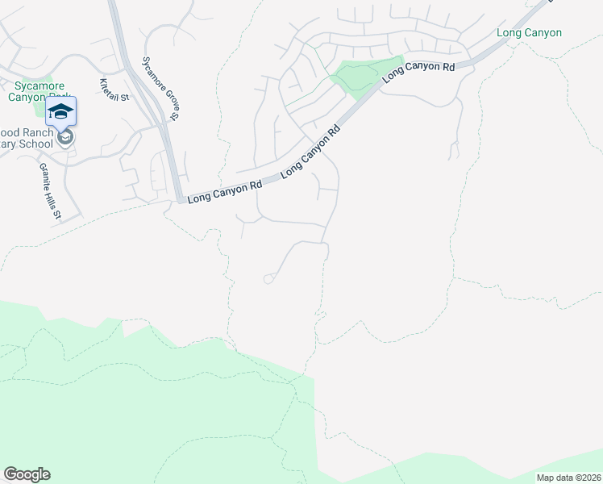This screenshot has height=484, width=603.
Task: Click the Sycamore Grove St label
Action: [160, 89]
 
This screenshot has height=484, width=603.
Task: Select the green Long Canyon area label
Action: [529, 33]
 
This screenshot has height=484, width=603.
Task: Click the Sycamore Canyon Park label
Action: [40, 90]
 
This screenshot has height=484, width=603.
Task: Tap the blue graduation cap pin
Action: [61, 112]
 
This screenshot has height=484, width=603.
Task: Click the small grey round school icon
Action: [66, 137]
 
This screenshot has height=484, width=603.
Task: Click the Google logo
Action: [27, 474]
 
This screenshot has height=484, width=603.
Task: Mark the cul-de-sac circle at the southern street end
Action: [268, 279]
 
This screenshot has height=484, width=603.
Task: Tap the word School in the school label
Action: [35, 144]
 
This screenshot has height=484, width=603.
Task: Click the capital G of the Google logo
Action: [10, 474]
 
